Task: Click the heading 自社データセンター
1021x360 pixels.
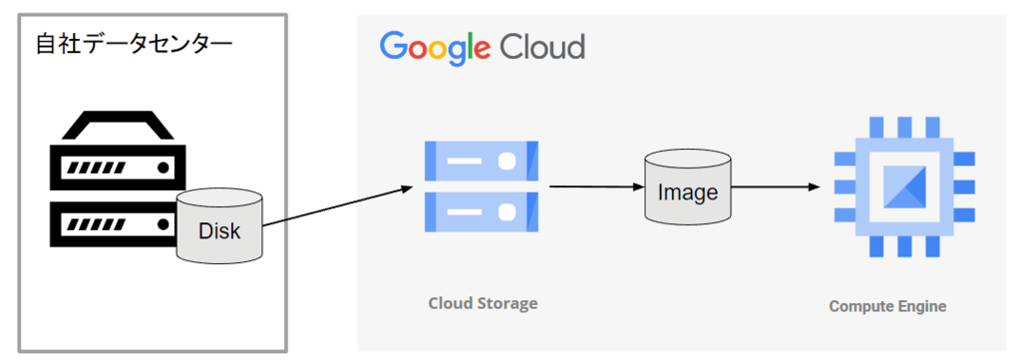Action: [x=135, y=46]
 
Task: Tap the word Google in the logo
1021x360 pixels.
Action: [x=435, y=48]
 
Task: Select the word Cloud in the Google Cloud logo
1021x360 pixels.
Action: [x=542, y=46]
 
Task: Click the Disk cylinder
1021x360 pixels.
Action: [x=219, y=226]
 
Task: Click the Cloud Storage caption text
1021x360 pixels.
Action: [x=484, y=303]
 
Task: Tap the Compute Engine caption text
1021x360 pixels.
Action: [x=887, y=306]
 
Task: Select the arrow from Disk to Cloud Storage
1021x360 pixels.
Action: [x=337, y=206]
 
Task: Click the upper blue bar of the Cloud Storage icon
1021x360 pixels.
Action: [x=482, y=161]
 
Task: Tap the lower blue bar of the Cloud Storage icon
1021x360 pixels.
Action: [x=482, y=211]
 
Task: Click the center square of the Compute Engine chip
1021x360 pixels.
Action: [x=903, y=186]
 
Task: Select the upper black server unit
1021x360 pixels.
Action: [x=118, y=168]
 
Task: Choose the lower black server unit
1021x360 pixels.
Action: [x=115, y=224]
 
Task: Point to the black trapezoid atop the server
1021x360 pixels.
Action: [x=118, y=126]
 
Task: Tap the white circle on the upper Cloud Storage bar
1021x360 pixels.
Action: [x=508, y=161]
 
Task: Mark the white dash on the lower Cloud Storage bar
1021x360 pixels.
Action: [x=465, y=211]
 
